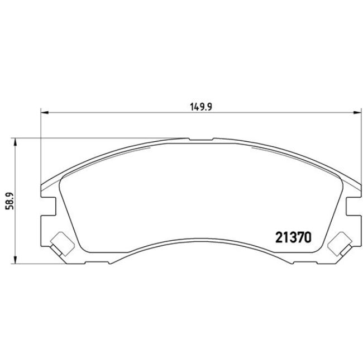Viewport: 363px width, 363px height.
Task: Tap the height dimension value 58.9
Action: coord(8,200)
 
